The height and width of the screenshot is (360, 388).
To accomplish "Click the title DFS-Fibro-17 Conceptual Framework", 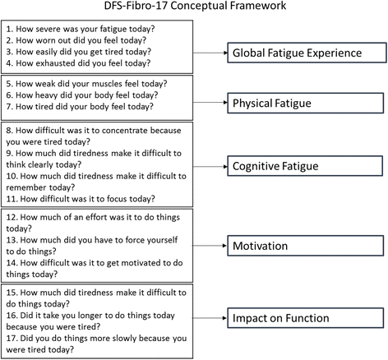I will point(194,7).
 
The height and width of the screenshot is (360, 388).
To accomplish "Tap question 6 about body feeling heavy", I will point(92,95).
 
